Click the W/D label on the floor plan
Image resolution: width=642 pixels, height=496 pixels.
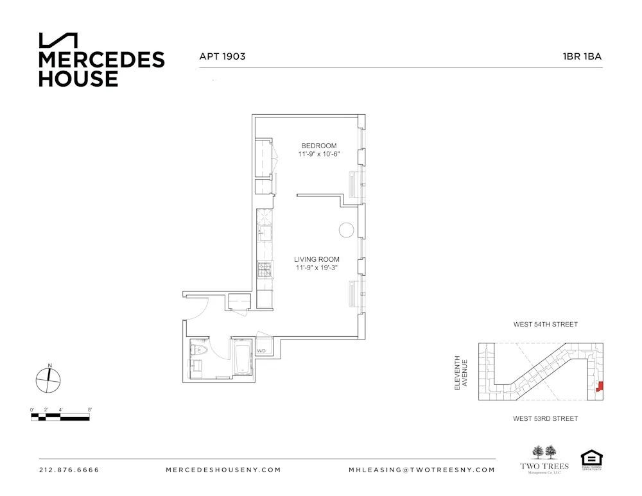(261, 351)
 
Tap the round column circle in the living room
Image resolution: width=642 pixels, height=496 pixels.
(346, 230)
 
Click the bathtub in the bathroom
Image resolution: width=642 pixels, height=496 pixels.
(242, 358)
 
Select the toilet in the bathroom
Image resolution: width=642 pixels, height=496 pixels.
(196, 350)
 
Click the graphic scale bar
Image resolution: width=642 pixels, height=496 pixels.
(60, 417)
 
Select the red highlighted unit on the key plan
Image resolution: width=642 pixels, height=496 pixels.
(600, 387)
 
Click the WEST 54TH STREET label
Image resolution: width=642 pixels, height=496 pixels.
(545, 325)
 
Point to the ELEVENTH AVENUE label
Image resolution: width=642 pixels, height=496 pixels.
(461, 372)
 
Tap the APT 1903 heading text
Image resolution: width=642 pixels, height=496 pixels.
(223, 56)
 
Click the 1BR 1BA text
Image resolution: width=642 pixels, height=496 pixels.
(582, 56)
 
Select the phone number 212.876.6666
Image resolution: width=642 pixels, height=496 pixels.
(69, 470)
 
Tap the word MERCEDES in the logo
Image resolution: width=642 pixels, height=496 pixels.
(101, 60)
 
